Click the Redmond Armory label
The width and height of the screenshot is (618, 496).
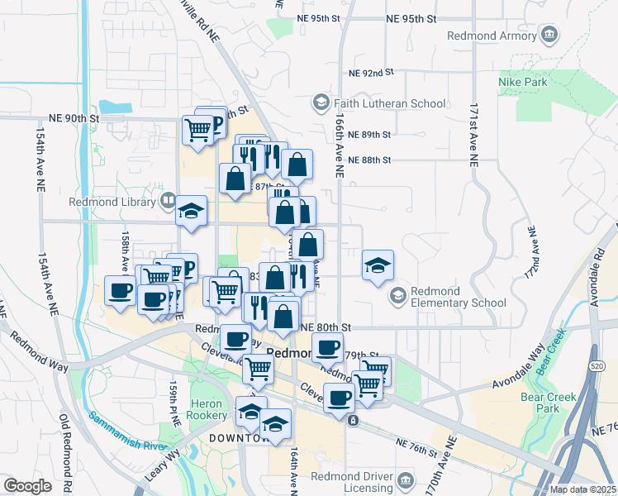point(492,36)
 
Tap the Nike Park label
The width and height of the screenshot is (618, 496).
point(519,82)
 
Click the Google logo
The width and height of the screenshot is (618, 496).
point(27,486)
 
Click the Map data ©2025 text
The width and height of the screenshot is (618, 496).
point(582,489)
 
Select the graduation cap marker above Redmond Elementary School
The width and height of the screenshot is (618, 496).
point(378,265)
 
